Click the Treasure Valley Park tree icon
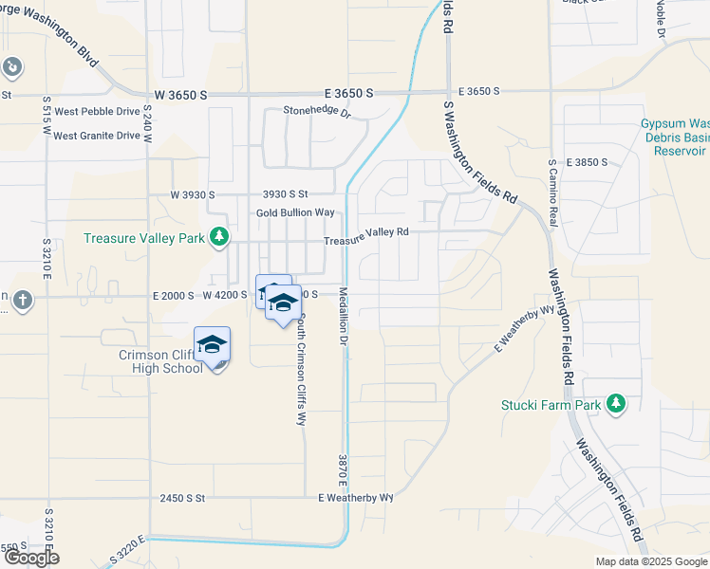point(220,236)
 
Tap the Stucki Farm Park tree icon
point(617,405)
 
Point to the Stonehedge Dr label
point(317,112)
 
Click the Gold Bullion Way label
point(295,212)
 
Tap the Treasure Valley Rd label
point(365,236)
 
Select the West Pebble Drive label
point(97,111)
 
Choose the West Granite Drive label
point(96,136)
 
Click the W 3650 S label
point(179,96)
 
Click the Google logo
point(31,558)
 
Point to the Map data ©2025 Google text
point(650,561)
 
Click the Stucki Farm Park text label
point(551,405)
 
